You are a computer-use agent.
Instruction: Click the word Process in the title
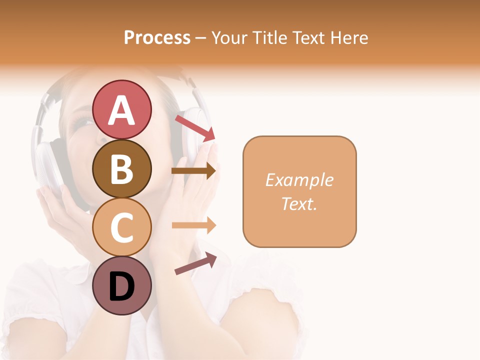click(x=157, y=38)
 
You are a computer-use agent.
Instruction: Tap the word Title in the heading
click(x=269, y=38)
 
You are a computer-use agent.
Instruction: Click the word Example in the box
click(x=299, y=180)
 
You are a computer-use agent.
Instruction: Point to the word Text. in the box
click(x=299, y=203)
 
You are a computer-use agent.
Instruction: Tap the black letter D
click(x=122, y=286)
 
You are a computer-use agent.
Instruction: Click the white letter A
click(x=122, y=110)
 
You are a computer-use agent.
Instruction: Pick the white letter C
click(x=122, y=228)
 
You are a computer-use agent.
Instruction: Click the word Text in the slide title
click(x=308, y=38)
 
